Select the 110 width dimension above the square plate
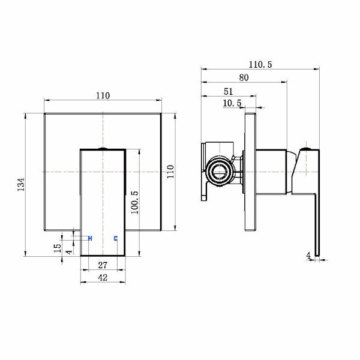pos(104,95)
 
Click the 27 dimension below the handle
pos(103,264)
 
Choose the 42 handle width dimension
pos(103,278)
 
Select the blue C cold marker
pos(115,239)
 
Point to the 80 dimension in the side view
pos(244,77)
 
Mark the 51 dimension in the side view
pos(228,91)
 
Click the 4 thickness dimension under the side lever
pos(309,256)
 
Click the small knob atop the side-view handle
pos(307,148)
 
